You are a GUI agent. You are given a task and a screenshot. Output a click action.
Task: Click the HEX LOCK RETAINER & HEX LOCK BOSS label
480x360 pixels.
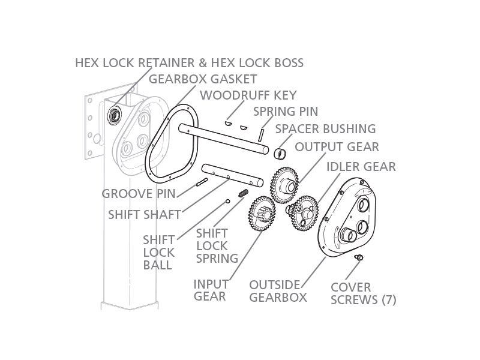(189, 62)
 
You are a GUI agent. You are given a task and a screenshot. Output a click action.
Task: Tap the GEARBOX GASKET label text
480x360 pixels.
(202, 79)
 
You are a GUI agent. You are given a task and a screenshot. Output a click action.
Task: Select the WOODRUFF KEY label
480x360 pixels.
(248, 95)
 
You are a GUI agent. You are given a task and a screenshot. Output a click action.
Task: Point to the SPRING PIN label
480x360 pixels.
(285, 111)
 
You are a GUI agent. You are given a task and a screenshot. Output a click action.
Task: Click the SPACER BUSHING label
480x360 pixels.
(325, 128)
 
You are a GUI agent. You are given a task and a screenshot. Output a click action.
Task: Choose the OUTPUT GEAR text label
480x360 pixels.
(337, 147)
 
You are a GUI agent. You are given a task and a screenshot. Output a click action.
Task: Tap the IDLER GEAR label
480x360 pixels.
(361, 166)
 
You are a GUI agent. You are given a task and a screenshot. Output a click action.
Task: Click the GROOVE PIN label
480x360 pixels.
(139, 194)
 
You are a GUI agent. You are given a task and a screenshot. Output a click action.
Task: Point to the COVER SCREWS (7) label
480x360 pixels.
(363, 293)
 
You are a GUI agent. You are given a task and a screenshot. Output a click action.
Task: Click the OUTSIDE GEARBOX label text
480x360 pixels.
(278, 290)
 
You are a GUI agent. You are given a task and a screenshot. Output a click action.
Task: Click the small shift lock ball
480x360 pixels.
(228, 201)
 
